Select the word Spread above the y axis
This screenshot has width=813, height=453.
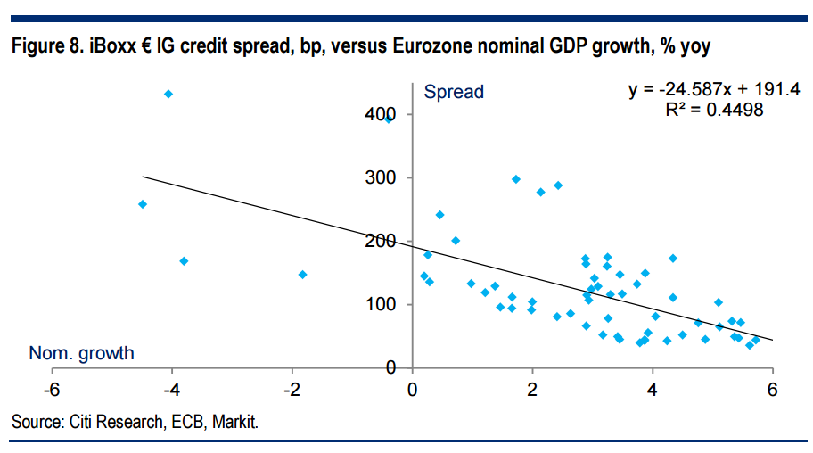click(454, 92)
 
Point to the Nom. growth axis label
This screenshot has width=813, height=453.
click(81, 353)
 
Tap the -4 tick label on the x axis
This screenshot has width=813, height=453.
click(172, 389)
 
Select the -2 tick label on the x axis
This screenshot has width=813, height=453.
click(292, 389)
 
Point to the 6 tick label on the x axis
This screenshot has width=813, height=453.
click(773, 389)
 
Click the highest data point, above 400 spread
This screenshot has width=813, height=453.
click(168, 94)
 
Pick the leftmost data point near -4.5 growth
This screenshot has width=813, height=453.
click(143, 204)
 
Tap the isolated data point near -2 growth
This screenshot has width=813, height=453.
click(303, 275)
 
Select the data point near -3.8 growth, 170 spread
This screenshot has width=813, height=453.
click(184, 261)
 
